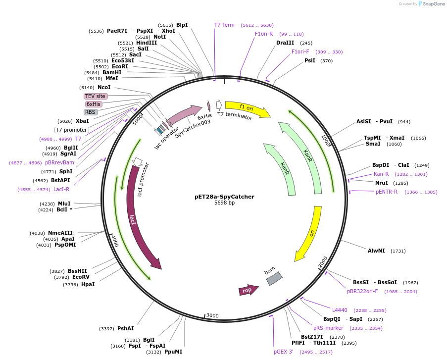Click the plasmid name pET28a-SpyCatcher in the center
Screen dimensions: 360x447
[224, 197]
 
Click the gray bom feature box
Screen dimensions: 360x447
[274, 278]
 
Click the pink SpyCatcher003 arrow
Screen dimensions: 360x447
[184, 115]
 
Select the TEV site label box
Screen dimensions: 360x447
[95, 96]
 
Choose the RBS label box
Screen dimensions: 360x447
[90, 112]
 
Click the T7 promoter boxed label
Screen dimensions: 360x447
[72, 130]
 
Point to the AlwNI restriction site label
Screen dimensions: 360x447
[376, 251]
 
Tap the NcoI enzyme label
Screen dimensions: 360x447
[104, 87]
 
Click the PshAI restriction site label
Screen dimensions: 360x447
[125, 329]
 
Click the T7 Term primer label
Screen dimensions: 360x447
[224, 25]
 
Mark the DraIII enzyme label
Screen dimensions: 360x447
[285, 43]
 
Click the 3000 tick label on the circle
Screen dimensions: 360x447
[212, 315]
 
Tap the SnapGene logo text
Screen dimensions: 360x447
[434, 4]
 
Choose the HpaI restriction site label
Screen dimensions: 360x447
[88, 284]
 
